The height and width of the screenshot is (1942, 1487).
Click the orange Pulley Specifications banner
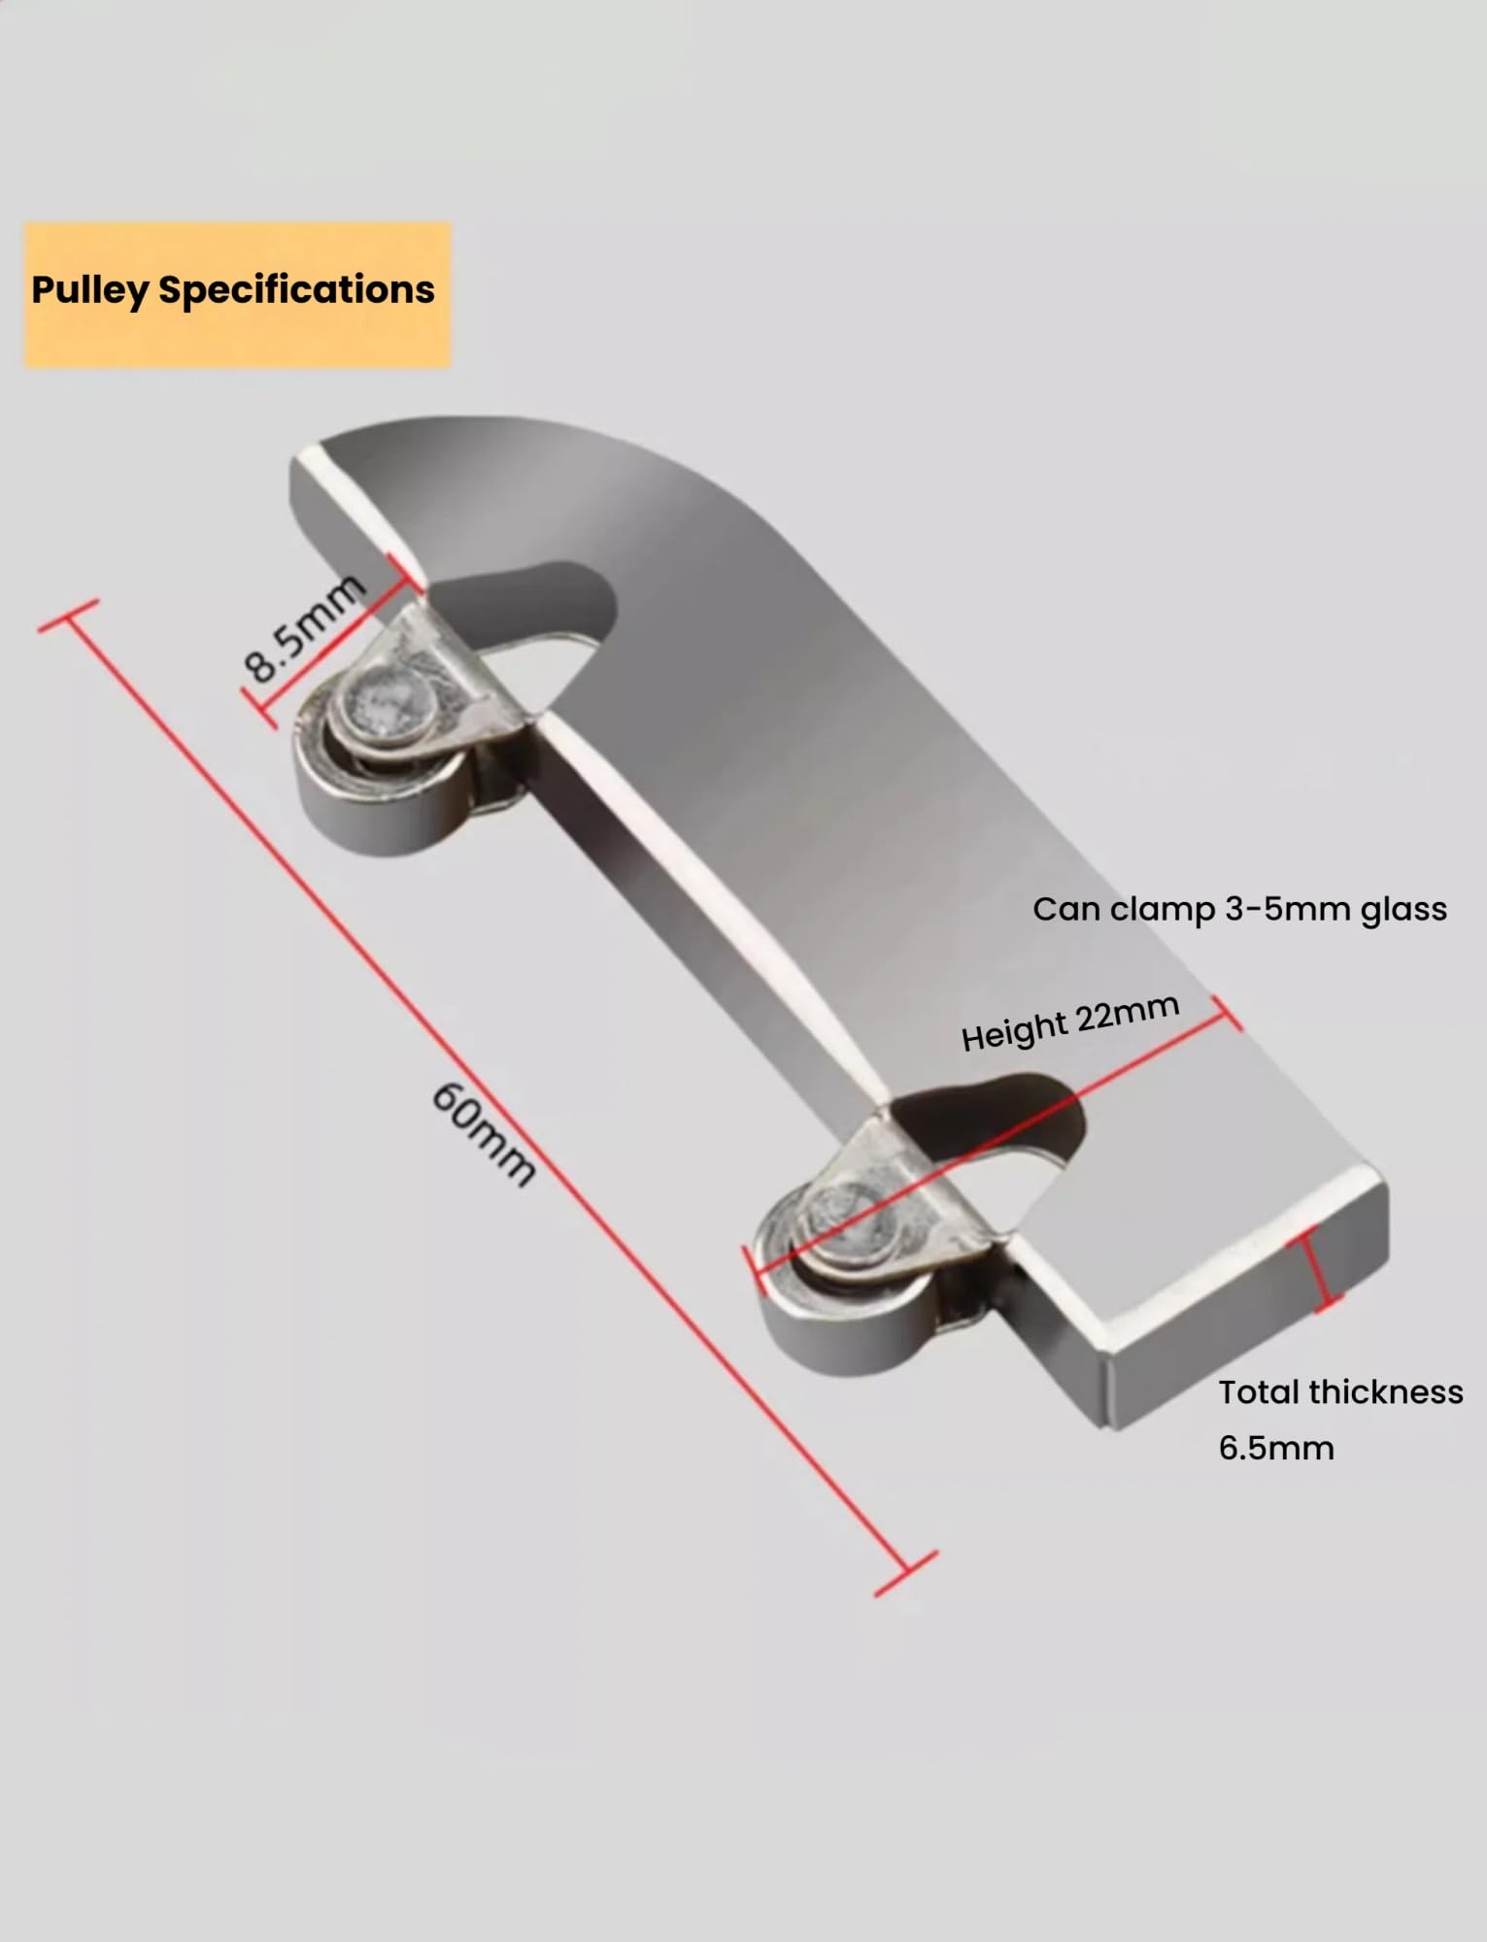pos(237,295)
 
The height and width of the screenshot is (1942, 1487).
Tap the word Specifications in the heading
pos(296,290)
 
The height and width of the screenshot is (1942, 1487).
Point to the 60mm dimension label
pos(483,1133)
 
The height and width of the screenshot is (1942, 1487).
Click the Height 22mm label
pos(1070,1022)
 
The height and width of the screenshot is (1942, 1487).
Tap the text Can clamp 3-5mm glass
pos(1239,909)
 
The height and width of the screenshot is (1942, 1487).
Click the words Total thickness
pos(1340,1392)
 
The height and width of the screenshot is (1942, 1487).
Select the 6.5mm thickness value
pos(1276,1448)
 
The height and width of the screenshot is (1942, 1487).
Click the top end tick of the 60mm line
pos(68,616)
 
